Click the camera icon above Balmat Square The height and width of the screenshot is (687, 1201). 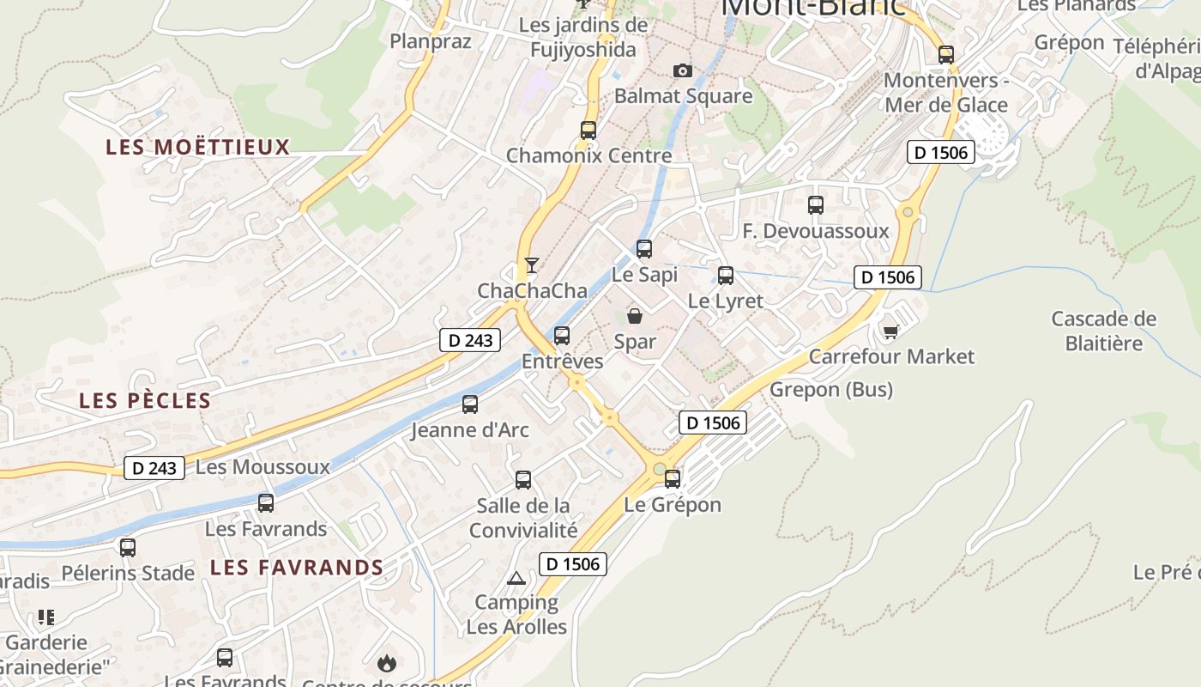(x=683, y=70)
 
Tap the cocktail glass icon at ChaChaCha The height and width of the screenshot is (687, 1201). (x=532, y=264)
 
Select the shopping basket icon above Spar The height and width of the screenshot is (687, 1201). (x=635, y=316)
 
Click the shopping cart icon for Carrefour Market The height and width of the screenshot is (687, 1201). (x=890, y=331)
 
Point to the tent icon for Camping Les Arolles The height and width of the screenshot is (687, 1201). (x=516, y=578)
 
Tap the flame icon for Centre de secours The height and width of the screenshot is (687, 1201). (x=387, y=663)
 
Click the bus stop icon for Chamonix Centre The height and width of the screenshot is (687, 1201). (x=588, y=131)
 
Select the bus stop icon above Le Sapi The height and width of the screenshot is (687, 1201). (x=644, y=249)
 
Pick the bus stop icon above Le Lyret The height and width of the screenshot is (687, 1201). (x=726, y=276)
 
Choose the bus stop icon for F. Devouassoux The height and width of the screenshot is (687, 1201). (x=816, y=205)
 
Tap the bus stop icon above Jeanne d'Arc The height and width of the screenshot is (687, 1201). (x=470, y=404)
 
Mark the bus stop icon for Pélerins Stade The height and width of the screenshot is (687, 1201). (x=128, y=547)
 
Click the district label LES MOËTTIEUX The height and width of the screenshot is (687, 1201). (x=198, y=147)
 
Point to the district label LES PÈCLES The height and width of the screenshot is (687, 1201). (x=145, y=400)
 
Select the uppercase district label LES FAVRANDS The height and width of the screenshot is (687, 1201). (x=297, y=567)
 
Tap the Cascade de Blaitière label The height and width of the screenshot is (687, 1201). (x=1103, y=331)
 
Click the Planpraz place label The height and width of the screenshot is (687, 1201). (x=431, y=40)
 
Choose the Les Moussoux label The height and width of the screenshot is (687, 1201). (x=263, y=467)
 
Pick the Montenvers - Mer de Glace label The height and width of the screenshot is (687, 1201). (x=945, y=93)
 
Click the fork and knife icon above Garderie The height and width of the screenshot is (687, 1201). (x=46, y=617)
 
